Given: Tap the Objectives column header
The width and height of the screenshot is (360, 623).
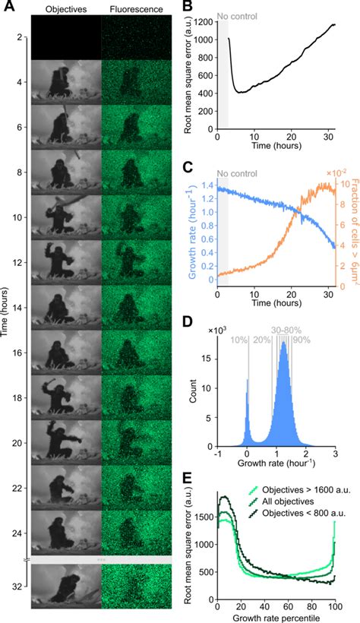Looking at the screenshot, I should [x=65, y=10].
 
